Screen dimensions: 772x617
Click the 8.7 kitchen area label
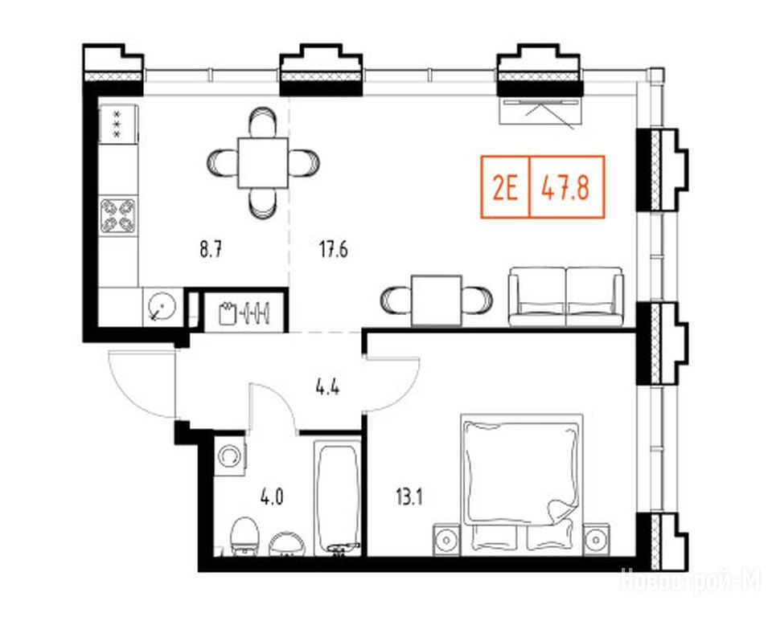coord(210,250)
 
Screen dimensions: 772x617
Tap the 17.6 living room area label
coord(333,250)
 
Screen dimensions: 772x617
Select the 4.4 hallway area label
coord(327,387)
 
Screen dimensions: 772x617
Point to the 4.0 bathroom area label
coord(272,498)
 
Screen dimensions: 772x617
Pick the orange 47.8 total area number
coord(565,187)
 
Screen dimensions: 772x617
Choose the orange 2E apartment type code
coord(505,187)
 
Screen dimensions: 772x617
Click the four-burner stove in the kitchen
coord(118,215)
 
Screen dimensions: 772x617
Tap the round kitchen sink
coord(162,306)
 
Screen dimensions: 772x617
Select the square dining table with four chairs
coord(263,163)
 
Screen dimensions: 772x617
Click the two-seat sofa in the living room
coord(566,296)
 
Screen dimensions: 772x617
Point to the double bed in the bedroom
coord(522,484)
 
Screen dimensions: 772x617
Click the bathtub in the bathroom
coord(339,497)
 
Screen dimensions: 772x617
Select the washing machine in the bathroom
coord(230,456)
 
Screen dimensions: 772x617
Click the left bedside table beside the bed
coord(446,540)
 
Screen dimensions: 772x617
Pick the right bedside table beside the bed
coord(596,540)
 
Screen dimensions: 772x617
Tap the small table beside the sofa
coord(437,300)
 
